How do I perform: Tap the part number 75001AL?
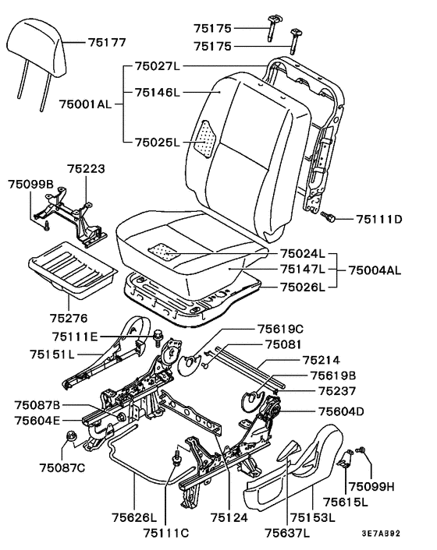tap(85, 104)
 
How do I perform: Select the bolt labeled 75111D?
tap(328, 217)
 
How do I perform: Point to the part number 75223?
tap(86, 169)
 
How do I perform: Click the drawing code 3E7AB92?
tap(381, 534)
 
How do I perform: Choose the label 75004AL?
tap(375, 270)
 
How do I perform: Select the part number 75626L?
tap(134, 517)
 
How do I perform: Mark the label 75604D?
tap(341, 411)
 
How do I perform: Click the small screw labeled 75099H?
tap(360, 450)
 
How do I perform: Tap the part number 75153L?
tap(313, 517)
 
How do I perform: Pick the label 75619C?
tap(280, 329)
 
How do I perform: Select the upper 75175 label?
tap(213, 28)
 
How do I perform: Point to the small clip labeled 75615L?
tap(346, 458)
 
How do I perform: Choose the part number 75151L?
tap(52, 354)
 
